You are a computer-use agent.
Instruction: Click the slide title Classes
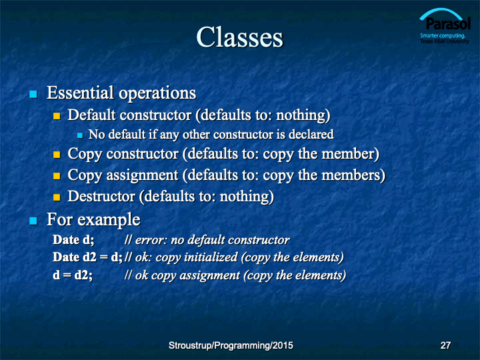(x=240, y=37)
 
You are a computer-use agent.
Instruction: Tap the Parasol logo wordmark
(x=448, y=23)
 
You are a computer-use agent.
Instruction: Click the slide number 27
(x=445, y=345)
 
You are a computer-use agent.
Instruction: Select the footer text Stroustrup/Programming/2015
(x=231, y=345)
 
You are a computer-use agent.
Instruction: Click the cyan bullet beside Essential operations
(x=33, y=94)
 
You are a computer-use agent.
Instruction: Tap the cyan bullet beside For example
(x=33, y=221)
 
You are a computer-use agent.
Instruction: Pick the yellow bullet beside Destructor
(x=57, y=197)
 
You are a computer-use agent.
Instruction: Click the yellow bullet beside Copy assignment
(x=57, y=176)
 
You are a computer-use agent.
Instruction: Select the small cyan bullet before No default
(x=80, y=135)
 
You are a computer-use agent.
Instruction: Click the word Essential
(x=80, y=93)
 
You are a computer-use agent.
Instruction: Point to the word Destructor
(x=101, y=196)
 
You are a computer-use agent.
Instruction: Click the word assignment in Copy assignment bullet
(x=142, y=176)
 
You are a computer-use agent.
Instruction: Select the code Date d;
(x=73, y=240)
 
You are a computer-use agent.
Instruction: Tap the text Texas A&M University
(x=445, y=41)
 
